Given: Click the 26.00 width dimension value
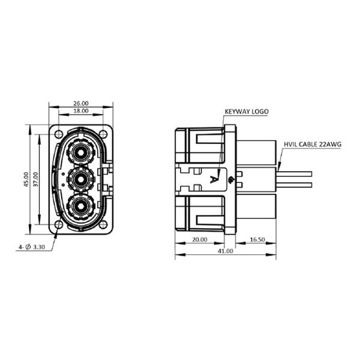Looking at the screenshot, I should point(80,103).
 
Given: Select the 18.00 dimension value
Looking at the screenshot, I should point(80,112).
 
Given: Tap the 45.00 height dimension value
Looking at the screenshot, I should point(26,179).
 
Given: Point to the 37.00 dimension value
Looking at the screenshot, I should point(35,179).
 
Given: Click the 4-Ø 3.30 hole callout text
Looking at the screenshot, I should point(32,247).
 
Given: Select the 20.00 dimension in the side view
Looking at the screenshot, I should point(199,239).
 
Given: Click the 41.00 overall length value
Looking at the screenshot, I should point(225,251).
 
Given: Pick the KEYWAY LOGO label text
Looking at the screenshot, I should point(246,112).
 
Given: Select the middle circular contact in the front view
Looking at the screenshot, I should point(80,179).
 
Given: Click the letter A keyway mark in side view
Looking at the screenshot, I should point(214,179).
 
